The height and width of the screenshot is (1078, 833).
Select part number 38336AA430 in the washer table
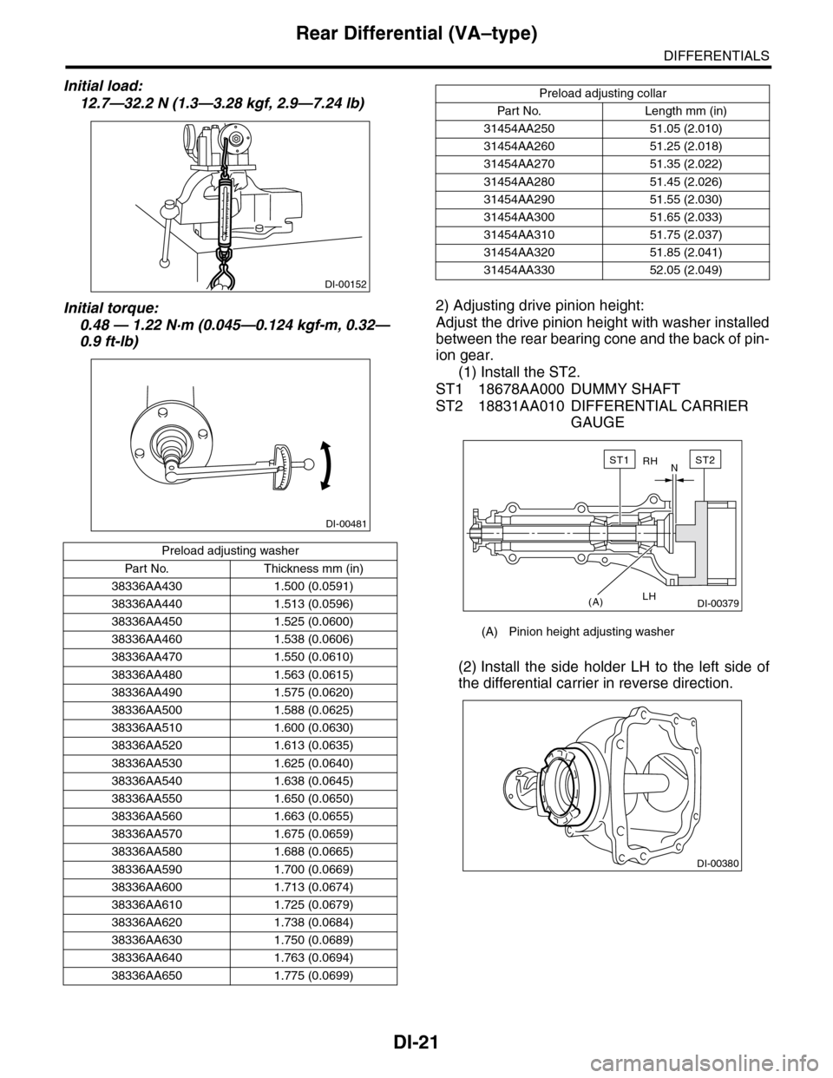click(147, 587)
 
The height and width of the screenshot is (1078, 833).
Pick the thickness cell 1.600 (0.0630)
click(314, 728)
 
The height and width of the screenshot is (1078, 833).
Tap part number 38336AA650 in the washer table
click(147, 976)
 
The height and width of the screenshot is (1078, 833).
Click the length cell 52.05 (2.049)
click(685, 270)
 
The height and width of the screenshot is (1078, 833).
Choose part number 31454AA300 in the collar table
click(519, 217)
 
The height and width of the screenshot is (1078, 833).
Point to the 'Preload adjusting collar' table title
click(602, 93)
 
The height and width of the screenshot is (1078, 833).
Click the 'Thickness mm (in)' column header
click(313, 569)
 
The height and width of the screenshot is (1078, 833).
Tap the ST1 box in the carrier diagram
click(620, 460)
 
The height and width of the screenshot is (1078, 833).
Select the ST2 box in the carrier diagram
click(705, 460)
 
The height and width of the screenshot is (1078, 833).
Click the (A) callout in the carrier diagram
click(595, 601)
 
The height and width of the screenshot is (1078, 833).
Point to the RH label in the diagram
click(650, 461)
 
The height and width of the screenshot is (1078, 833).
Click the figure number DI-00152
click(345, 285)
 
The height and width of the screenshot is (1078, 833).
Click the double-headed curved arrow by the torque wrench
click(325, 465)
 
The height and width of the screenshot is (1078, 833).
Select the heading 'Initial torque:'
click(112, 308)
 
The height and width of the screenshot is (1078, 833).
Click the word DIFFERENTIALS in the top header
click(717, 55)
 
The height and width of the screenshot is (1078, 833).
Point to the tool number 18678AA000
click(521, 388)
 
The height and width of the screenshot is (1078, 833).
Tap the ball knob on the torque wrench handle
click(309, 463)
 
